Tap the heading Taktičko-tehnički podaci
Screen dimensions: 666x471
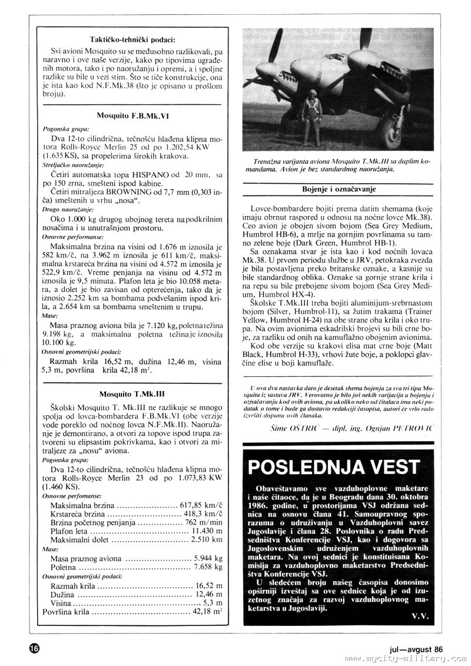[132, 39]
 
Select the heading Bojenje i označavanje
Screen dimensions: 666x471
[339, 190]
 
